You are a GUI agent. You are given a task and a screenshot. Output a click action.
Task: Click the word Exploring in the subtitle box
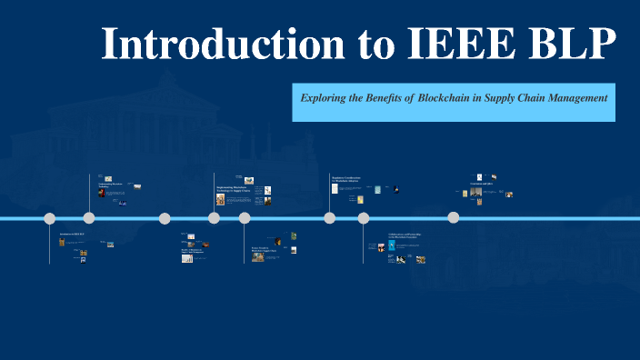point(328,96)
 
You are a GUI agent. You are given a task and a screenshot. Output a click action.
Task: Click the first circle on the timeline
point(50,218)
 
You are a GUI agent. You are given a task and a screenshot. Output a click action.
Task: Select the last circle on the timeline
point(454,217)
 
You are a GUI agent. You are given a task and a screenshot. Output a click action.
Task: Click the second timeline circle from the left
point(89,218)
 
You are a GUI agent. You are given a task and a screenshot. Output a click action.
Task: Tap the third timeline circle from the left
point(165,218)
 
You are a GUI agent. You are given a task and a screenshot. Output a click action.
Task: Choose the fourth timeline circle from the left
point(215,218)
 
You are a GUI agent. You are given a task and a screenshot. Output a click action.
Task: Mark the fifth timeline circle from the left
point(245,218)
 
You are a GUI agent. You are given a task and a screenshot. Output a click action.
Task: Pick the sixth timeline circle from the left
point(330,218)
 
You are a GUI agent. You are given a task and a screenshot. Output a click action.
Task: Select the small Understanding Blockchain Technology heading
point(111,185)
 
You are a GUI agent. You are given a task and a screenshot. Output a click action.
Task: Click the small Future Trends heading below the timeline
point(264,248)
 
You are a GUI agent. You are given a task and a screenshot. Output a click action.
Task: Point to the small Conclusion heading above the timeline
point(481,183)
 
